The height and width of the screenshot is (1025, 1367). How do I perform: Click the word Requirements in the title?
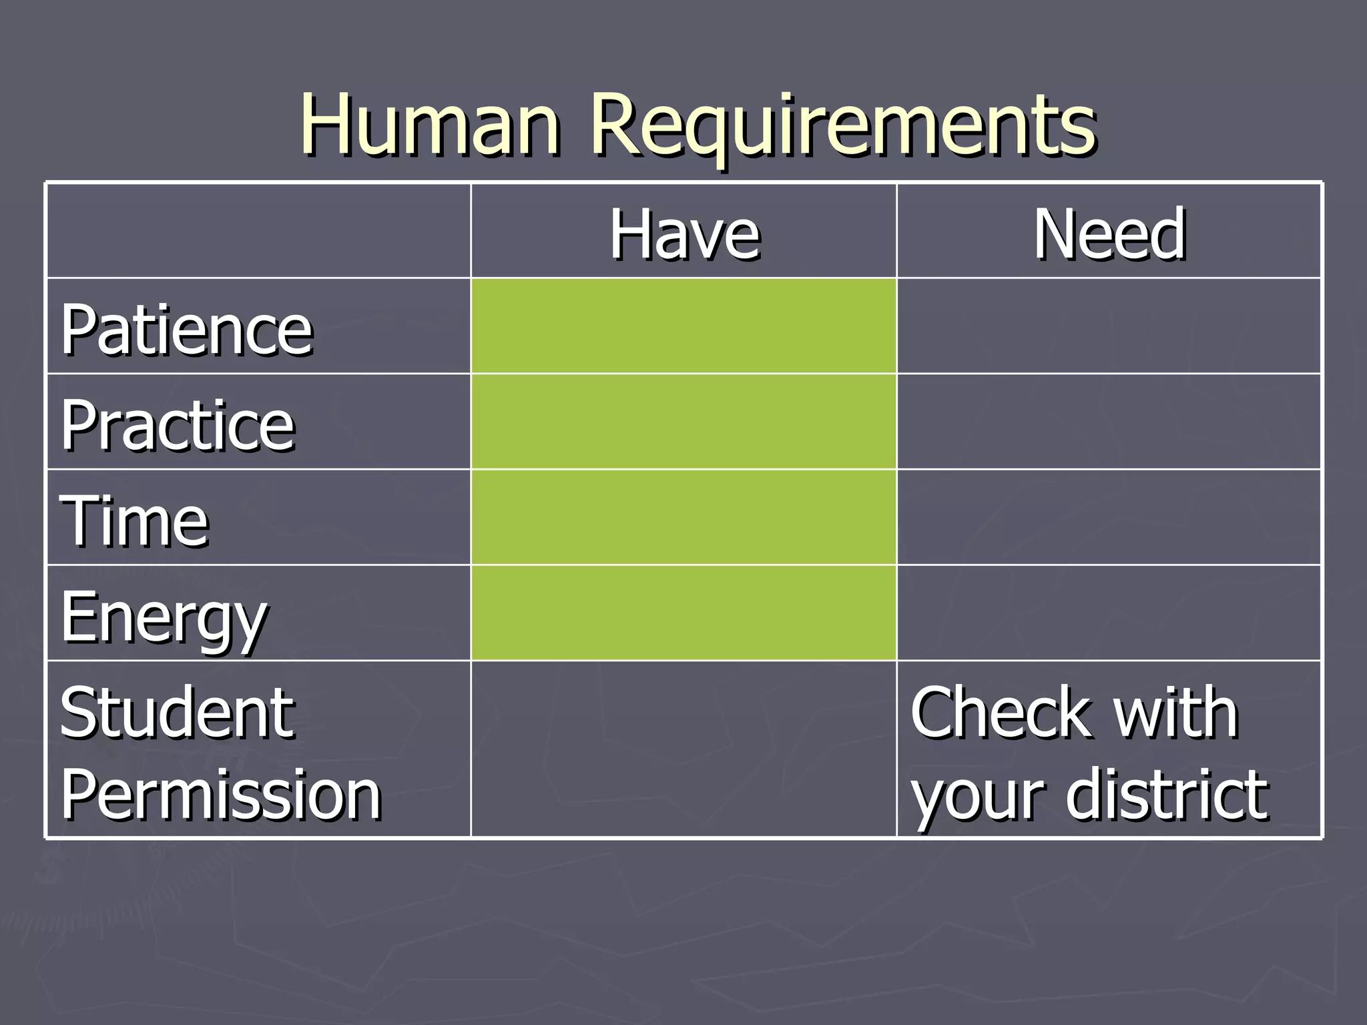tap(843, 127)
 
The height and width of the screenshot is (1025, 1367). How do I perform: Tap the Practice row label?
tap(178, 425)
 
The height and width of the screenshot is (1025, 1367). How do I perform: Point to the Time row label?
tap(134, 521)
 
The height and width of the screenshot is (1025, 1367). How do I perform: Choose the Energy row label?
tap(164, 617)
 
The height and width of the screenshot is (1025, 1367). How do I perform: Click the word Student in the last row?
tap(177, 713)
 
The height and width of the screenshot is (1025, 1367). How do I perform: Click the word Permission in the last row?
tap(220, 794)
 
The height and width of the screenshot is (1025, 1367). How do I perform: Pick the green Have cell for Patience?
tap(683, 326)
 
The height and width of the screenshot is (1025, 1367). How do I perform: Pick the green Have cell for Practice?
tap(683, 422)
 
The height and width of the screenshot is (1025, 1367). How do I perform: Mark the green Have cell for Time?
tap(683, 517)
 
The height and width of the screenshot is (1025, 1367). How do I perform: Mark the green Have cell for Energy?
tap(683, 613)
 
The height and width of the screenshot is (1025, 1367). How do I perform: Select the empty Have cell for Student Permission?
tap(683, 749)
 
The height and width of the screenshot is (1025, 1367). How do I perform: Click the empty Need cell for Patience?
tap(1109, 326)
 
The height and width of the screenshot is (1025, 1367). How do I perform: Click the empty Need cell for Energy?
tap(1109, 613)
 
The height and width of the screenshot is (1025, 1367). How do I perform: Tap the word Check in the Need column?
tap(1001, 713)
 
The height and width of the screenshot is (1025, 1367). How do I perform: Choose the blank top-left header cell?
tap(259, 231)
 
